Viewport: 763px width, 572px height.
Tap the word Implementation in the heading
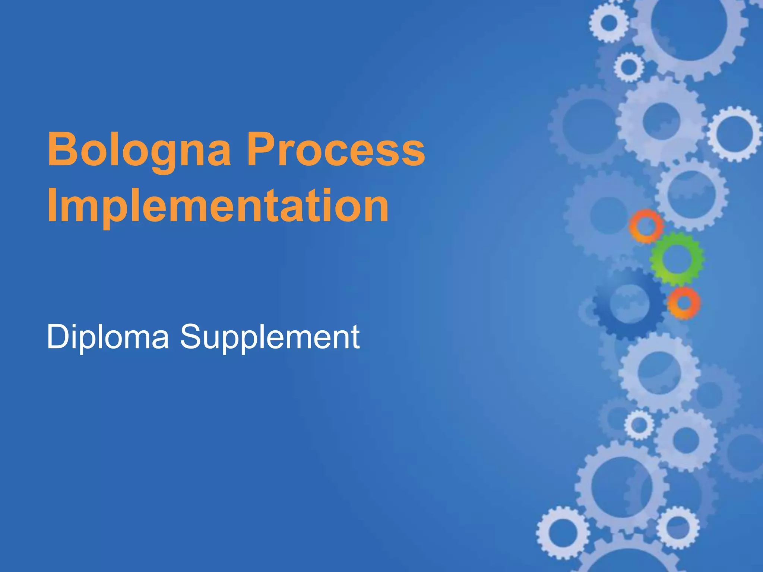click(x=218, y=206)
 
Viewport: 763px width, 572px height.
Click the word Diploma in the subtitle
click(x=108, y=337)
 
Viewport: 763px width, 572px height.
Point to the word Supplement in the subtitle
click(x=270, y=337)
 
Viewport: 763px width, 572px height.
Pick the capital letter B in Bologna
click(x=61, y=149)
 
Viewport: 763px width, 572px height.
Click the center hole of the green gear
click(x=677, y=258)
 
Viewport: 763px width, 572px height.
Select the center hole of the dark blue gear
click(x=629, y=303)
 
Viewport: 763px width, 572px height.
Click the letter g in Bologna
click(x=161, y=155)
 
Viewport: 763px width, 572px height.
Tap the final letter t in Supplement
click(x=355, y=337)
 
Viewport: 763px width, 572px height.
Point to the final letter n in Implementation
click(x=375, y=209)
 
